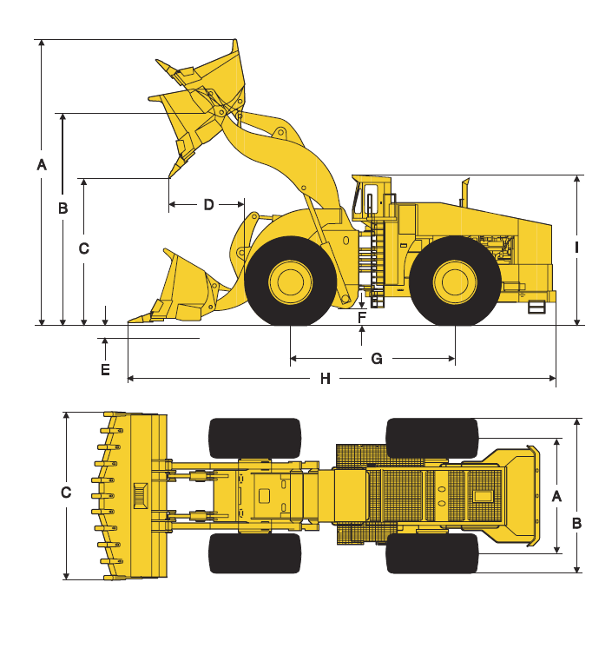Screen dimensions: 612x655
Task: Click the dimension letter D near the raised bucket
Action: point(208,205)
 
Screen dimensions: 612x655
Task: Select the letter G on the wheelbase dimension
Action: point(377,359)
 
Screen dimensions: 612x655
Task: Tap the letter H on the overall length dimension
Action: point(326,379)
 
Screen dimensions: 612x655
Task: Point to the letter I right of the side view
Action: point(576,248)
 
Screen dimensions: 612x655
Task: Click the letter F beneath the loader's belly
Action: point(362,317)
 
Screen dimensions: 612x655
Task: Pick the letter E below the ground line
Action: point(105,370)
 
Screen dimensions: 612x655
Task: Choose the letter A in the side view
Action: point(42,164)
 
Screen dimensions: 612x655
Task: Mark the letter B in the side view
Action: point(63,208)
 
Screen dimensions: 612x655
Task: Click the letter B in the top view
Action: point(576,523)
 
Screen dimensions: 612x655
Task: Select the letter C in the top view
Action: point(66,493)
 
